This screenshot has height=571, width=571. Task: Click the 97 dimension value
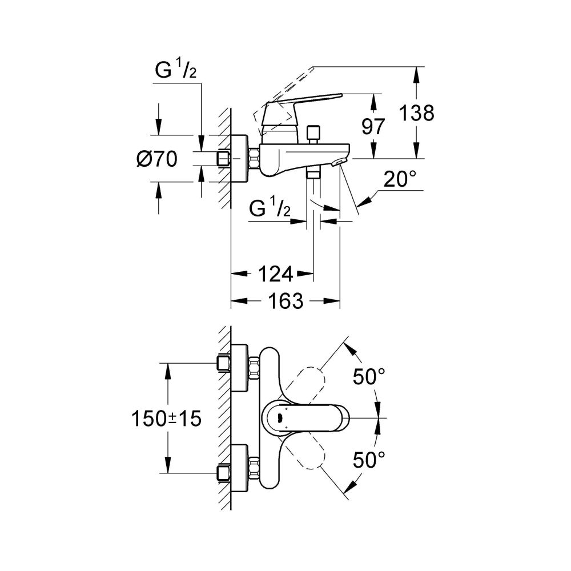pyautogui.click(x=373, y=126)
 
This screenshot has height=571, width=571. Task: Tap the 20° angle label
pyautogui.click(x=399, y=180)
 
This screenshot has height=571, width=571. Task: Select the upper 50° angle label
pyautogui.click(x=368, y=377)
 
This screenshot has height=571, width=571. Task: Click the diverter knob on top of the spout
pyautogui.click(x=312, y=134)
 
